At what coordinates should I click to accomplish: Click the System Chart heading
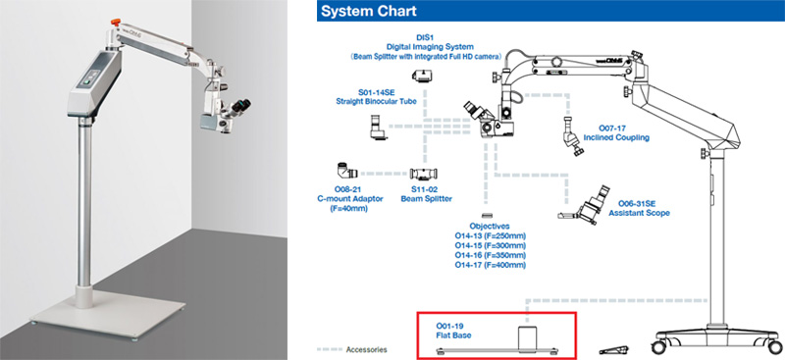369,11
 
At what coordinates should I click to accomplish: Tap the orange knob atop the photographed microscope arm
116,22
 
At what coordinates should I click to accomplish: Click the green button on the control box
92,83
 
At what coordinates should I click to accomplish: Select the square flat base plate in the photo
107,315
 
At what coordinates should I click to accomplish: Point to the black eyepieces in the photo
240,106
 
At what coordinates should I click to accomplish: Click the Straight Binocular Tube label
377,98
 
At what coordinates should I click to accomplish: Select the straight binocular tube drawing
377,128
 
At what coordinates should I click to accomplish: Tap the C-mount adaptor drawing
347,172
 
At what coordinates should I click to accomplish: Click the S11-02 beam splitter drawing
425,175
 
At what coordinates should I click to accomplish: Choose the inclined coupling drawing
571,135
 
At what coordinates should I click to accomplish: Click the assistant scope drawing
586,205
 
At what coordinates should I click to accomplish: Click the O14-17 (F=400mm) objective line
490,265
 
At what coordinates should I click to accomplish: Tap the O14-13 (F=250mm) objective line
490,235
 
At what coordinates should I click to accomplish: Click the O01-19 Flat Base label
453,331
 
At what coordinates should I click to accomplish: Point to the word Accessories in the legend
366,349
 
